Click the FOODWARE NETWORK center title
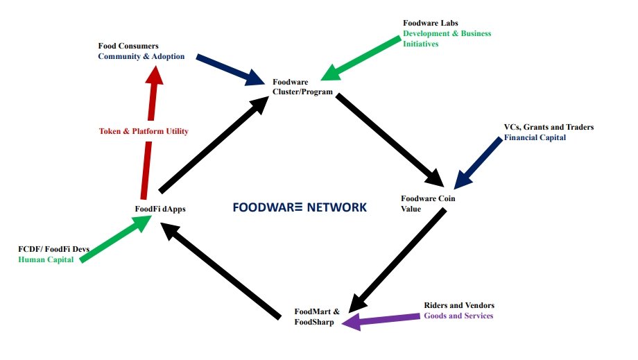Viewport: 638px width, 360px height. click(x=300, y=207)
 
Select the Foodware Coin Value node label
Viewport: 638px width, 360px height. click(x=428, y=204)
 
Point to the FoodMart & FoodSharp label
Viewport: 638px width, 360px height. click(x=317, y=316)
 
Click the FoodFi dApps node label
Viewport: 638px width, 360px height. click(x=160, y=208)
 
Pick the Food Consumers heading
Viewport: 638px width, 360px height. click(x=128, y=46)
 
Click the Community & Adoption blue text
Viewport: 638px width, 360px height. click(x=141, y=56)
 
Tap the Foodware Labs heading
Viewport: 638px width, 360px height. click(x=431, y=23)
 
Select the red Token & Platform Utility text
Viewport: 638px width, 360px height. click(x=144, y=131)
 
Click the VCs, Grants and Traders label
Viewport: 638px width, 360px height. click(x=549, y=127)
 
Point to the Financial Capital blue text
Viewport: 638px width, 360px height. click(x=535, y=137)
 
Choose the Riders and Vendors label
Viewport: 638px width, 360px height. click(x=459, y=305)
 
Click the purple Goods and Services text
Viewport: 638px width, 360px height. click(x=458, y=316)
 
